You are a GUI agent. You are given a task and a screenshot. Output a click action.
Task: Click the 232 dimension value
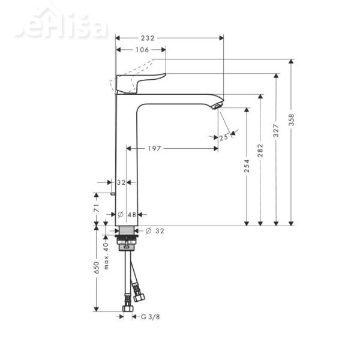click(x=147, y=38)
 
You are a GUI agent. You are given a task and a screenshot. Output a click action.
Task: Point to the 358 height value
click(x=291, y=120)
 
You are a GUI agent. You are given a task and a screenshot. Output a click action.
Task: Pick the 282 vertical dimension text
click(x=260, y=149)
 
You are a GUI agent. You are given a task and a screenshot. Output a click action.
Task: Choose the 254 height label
click(x=246, y=166)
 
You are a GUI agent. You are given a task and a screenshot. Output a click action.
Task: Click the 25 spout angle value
click(x=224, y=137)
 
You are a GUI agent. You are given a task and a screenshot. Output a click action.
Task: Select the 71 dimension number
click(x=97, y=209)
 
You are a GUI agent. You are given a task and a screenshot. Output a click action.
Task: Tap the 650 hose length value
click(x=97, y=268)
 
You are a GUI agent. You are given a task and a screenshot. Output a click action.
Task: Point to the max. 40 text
click(x=106, y=255)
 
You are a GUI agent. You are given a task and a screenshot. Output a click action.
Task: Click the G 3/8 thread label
click(x=150, y=316)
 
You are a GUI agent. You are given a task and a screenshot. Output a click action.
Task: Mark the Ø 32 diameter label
click(x=154, y=230)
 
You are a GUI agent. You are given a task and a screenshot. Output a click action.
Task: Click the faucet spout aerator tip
click(x=217, y=106)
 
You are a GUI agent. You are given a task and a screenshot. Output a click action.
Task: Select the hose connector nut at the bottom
click(x=127, y=308)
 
